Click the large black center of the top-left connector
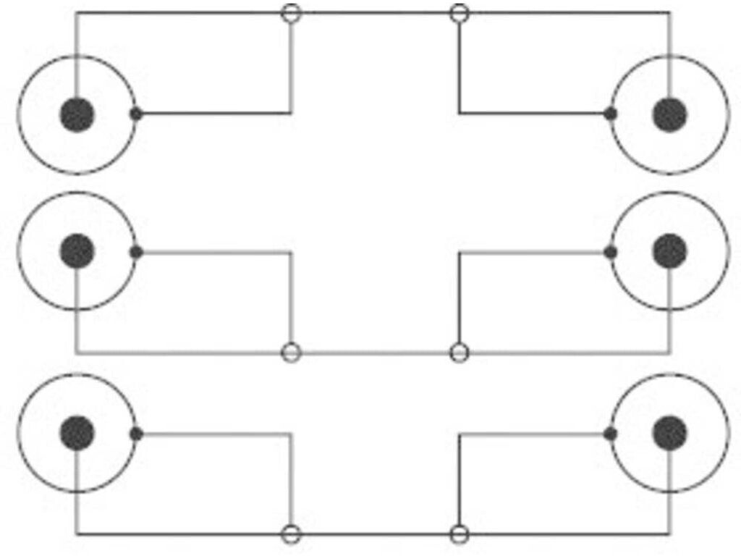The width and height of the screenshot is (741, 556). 77,114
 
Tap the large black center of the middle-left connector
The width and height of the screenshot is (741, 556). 77,251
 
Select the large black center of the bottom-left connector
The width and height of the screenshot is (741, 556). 77,433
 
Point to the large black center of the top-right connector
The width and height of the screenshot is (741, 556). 669,114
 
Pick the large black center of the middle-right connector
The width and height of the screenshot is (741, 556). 669,251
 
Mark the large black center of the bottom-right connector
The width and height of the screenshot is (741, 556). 669,433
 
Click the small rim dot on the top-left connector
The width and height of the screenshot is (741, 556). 135,114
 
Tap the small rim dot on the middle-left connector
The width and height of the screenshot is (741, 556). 135,252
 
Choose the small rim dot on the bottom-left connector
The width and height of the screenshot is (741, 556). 135,434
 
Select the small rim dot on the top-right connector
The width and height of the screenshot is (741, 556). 611,114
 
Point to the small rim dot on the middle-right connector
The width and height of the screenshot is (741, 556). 611,252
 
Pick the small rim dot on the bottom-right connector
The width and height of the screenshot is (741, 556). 611,434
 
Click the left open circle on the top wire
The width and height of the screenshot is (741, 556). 291,13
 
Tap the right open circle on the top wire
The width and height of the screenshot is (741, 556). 460,13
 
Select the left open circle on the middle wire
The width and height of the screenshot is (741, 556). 291,353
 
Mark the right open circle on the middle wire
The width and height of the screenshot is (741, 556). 460,353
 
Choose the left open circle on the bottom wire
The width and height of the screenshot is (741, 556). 291,535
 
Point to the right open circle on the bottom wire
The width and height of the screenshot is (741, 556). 460,535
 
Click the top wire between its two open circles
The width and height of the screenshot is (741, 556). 375,13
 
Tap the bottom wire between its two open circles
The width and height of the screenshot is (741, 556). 375,535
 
